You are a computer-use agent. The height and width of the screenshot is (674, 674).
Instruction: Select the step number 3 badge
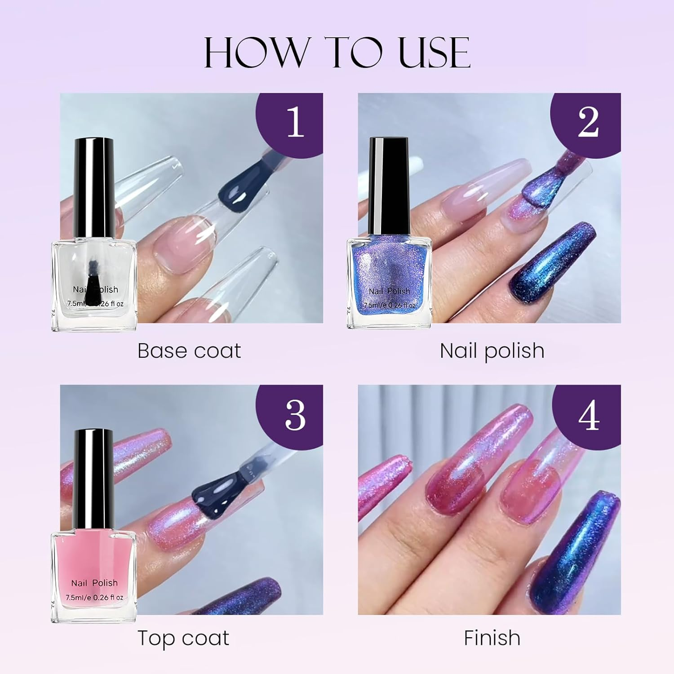coord(294,414)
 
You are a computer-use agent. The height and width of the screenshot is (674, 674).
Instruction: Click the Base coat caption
coord(189,351)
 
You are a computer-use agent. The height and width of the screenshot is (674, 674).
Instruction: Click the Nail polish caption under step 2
coord(492,351)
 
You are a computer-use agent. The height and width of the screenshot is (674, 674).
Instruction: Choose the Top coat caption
coord(183,638)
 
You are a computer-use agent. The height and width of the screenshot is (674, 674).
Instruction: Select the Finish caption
coord(492,638)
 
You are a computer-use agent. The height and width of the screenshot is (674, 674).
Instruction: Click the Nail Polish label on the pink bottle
coord(94,583)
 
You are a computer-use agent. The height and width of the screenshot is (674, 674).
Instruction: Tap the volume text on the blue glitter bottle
coord(390,305)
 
